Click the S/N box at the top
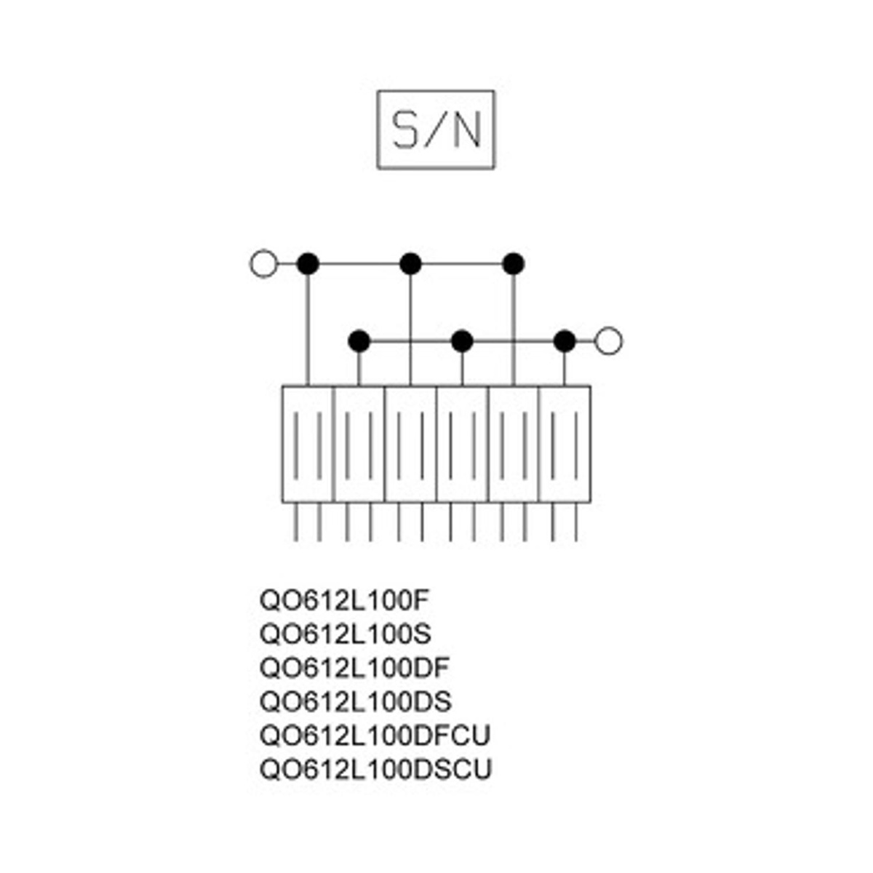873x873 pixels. coord(436,129)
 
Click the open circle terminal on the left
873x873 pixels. coord(263,263)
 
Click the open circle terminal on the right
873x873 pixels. coord(608,340)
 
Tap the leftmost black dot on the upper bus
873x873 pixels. coord(308,263)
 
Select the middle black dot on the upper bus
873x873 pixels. coord(410,263)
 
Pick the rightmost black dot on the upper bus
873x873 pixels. coord(514,263)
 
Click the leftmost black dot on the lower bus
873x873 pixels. coord(359,340)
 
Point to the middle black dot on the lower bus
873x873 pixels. coord(462,340)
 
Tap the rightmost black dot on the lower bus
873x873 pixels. coord(565,340)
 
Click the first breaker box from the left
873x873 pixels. coord(308,444)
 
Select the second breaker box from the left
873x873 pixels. coord(359,444)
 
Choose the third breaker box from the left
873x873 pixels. coord(410,444)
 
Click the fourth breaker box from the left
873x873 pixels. coord(462,444)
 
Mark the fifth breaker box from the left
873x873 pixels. coord(514,444)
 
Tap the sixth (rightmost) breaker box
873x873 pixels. coord(565,444)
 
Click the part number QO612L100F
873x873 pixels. coord(346,601)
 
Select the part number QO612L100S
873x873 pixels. coord(346,634)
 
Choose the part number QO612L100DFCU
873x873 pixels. coord(375,736)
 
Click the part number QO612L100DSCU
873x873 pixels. coord(375,769)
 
